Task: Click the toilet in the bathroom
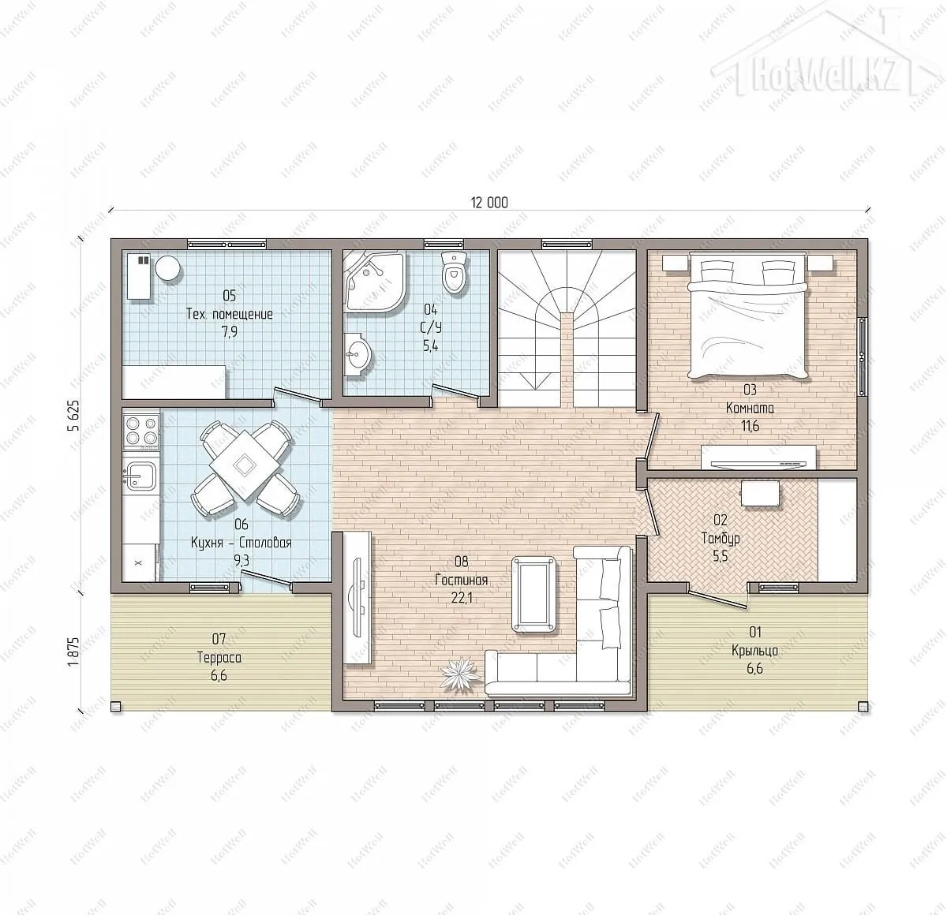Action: pos(454,271)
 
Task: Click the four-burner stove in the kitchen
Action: pos(141,431)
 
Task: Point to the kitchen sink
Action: pos(141,476)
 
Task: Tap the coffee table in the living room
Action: pos(533,595)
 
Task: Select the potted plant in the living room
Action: pos(459,673)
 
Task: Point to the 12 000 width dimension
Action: pos(489,203)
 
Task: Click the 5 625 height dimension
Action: pos(73,416)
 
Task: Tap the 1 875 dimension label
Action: pos(73,652)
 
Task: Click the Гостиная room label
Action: pos(462,581)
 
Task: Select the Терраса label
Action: pos(219,658)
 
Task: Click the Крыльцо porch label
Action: pos(754,651)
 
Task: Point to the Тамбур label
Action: pos(721,539)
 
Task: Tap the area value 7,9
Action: pos(229,332)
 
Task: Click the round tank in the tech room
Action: pos(167,268)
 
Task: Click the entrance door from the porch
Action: pos(717,599)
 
